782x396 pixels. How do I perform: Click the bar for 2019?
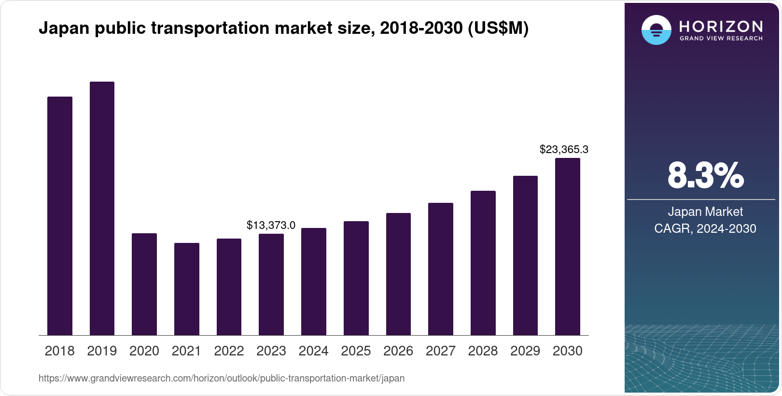click(x=102, y=209)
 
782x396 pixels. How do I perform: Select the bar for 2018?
click(x=60, y=216)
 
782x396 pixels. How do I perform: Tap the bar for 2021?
click(x=187, y=289)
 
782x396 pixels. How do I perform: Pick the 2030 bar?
click(x=568, y=247)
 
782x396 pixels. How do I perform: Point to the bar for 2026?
click(x=398, y=274)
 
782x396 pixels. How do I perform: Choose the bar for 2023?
click(x=271, y=284)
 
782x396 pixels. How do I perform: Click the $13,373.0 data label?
click(x=271, y=225)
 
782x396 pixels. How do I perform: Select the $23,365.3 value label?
click(x=564, y=149)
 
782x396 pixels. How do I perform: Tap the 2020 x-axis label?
click(x=144, y=351)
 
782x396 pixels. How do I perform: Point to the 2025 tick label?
click(x=356, y=351)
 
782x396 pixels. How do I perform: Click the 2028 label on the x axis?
click(x=483, y=351)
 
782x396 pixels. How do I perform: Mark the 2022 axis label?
click(x=229, y=351)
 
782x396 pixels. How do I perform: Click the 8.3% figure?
click(x=706, y=176)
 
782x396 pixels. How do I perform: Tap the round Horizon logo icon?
click(x=656, y=30)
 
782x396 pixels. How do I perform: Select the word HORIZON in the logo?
click(x=721, y=27)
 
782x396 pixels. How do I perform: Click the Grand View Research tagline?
click(x=721, y=39)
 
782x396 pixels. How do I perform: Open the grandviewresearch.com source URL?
click(x=222, y=378)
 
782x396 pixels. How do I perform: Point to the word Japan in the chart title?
click(x=64, y=28)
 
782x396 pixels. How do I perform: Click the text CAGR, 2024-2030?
click(x=705, y=228)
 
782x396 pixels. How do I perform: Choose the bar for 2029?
click(x=525, y=255)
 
